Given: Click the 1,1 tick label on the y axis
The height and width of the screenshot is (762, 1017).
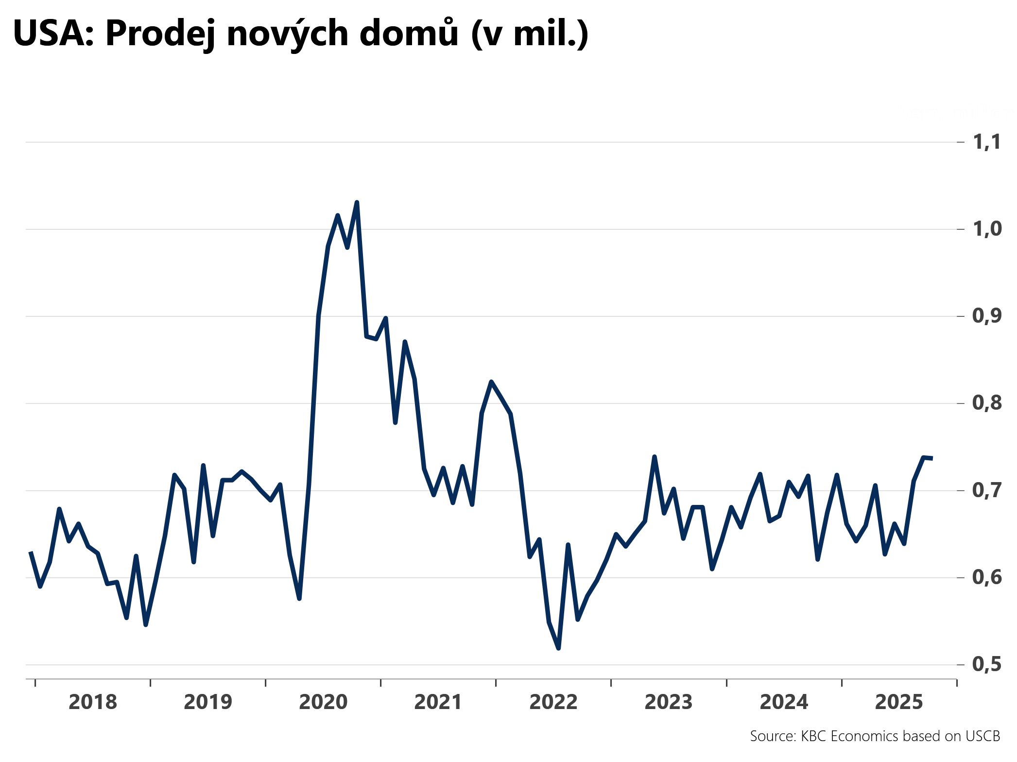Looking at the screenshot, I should [986, 142].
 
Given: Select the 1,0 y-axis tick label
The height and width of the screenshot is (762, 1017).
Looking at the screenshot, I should [986, 229].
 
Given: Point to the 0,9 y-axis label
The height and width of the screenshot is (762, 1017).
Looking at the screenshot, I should [986, 316].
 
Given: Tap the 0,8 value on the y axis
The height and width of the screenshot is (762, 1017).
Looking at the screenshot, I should [986, 403].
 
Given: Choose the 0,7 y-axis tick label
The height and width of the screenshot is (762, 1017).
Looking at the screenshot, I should [986, 490].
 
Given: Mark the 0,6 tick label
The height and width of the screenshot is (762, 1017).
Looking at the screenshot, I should [986, 577].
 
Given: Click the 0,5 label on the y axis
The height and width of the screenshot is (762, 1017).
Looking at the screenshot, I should [986, 664].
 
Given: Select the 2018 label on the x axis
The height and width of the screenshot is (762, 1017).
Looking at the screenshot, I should [93, 702].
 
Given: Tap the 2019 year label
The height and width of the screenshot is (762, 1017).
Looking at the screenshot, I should [208, 702].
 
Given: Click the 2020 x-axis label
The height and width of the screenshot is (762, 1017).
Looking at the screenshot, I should [323, 702].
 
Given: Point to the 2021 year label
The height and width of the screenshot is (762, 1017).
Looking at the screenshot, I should [438, 702].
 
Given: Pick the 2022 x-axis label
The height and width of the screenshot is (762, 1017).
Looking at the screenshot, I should [553, 702].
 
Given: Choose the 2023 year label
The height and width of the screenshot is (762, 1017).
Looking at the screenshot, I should [669, 702].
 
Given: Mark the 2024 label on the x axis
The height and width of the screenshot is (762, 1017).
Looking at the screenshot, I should [784, 702].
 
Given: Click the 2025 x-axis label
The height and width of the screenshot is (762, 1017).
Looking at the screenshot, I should [899, 702].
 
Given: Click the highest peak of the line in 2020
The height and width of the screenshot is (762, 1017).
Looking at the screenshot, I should [357, 202].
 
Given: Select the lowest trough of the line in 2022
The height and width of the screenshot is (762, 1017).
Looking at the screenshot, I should [558, 648].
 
